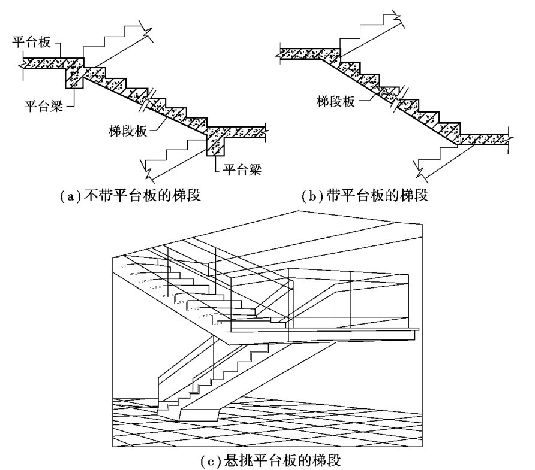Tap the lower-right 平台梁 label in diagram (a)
pyautogui.click(x=238, y=168)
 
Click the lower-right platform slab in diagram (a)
pyautogui.click(x=243, y=131)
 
